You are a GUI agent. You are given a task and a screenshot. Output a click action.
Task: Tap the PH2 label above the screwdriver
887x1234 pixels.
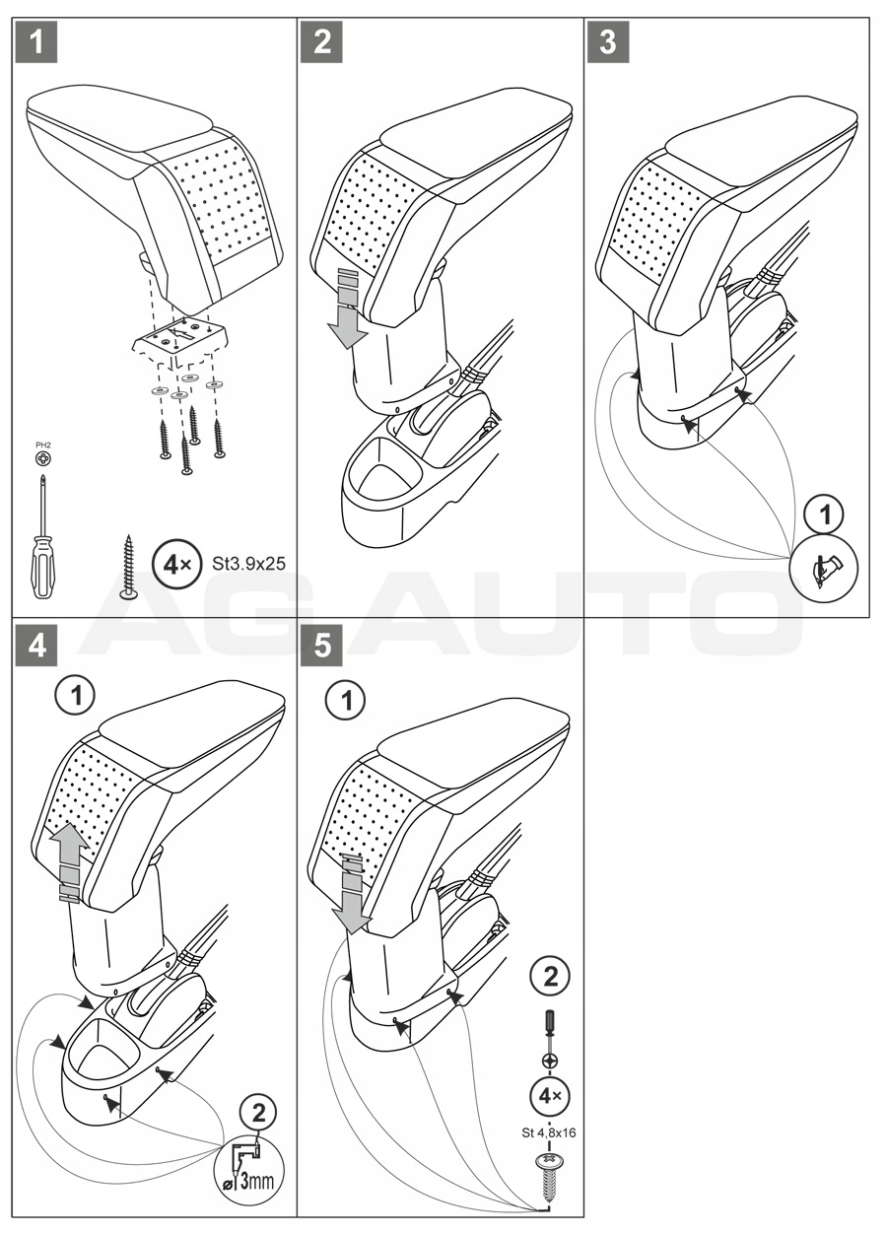click(x=42, y=446)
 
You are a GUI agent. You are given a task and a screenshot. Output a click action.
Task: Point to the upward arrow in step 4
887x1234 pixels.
click(x=70, y=862)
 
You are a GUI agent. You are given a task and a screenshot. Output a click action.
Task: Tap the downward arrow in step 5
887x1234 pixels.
click(x=352, y=894)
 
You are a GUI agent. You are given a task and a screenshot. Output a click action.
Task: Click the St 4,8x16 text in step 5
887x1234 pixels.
click(x=549, y=1132)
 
